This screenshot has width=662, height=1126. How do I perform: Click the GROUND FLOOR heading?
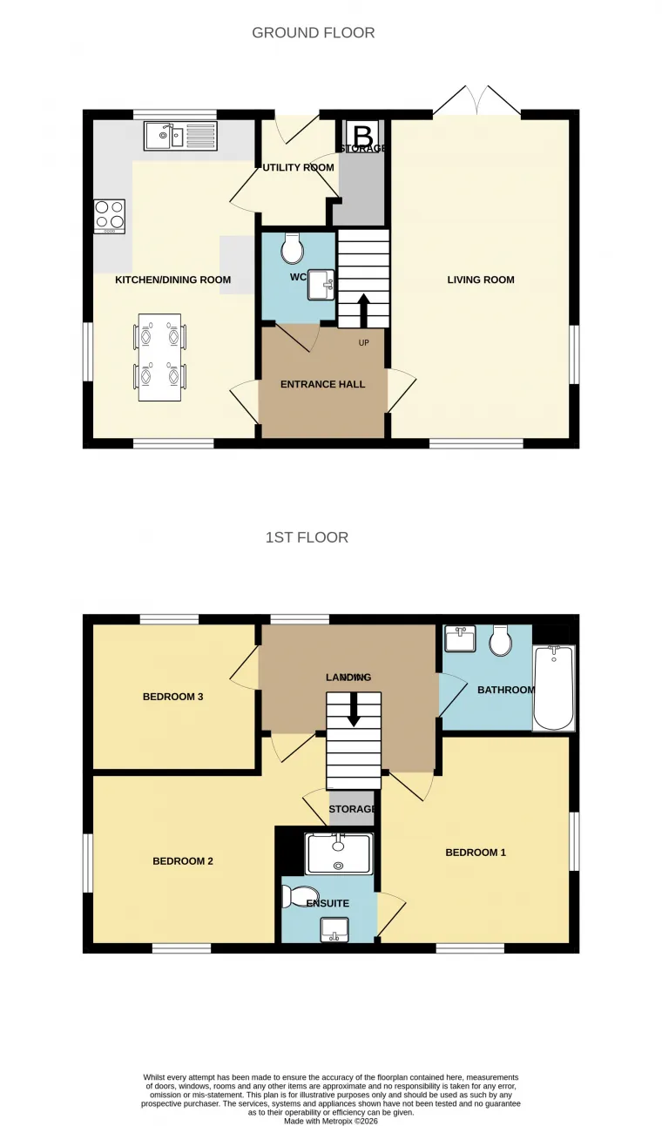pos(313,33)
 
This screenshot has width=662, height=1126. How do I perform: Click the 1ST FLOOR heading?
pos(307,537)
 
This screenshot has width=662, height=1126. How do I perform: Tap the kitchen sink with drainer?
pos(180,135)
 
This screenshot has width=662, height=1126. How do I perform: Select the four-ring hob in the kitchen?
pos(110,216)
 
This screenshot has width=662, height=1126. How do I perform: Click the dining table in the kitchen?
pos(159,357)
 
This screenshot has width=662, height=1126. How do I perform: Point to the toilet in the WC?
pos(293,251)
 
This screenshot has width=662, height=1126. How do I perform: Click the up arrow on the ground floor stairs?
pos(363,309)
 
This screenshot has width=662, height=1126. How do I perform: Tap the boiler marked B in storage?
pos(362,136)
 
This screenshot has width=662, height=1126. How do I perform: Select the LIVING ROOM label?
pos(481,280)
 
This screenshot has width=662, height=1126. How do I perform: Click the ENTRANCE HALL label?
pos(322,384)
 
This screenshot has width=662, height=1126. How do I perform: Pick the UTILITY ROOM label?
pos(299,167)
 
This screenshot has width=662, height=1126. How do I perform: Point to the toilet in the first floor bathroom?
pos(501,642)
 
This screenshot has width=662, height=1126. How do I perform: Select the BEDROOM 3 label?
pos(173,697)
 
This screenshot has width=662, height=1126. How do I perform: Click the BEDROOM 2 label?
pos(183,861)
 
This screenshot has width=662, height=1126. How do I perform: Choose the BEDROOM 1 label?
pos(476,853)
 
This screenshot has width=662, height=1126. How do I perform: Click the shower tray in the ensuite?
pos(338,853)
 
